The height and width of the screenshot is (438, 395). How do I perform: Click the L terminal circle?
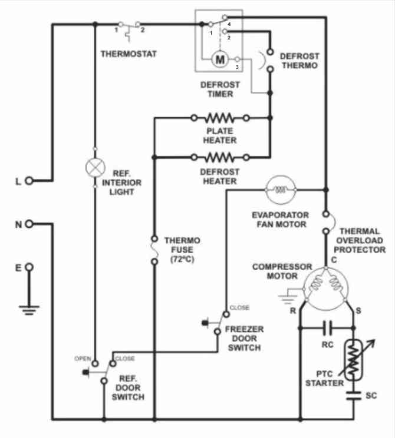(x=29, y=181)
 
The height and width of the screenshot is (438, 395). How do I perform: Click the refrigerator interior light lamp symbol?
(x=94, y=167)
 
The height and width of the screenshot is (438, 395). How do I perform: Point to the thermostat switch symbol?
(x=129, y=26)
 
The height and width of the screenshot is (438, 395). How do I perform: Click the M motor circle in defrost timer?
(x=220, y=59)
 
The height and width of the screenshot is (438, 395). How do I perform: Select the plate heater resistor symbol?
(x=220, y=118)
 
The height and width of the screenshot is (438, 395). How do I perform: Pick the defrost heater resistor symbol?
(x=220, y=157)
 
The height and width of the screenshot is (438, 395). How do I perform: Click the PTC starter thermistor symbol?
(x=354, y=360)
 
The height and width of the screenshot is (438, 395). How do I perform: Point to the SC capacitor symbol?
(x=354, y=396)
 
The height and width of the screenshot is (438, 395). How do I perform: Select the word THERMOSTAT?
(x=129, y=54)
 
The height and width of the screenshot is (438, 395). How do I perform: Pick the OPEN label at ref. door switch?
(x=83, y=358)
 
